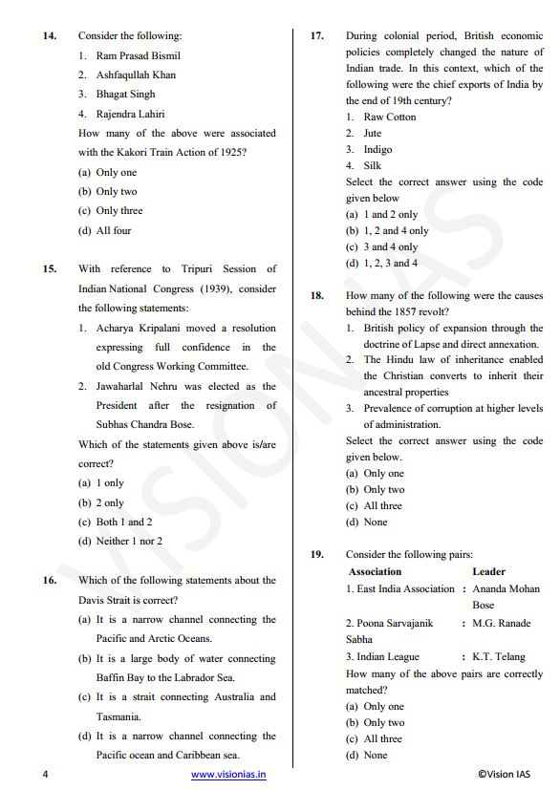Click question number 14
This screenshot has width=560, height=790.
(x=50, y=35)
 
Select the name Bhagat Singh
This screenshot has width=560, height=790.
(x=125, y=94)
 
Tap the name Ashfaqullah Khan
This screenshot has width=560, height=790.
(x=136, y=75)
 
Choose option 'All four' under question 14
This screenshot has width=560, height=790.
(x=114, y=230)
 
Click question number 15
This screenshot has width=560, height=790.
(x=50, y=269)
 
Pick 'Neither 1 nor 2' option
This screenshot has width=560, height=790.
(x=129, y=541)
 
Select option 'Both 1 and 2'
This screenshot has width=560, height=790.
(x=124, y=522)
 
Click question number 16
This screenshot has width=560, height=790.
(x=50, y=580)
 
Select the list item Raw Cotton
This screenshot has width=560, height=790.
(x=390, y=117)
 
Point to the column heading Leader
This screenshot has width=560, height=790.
(x=488, y=571)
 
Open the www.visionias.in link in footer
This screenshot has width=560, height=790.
(x=228, y=775)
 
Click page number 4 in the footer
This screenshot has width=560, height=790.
(x=45, y=775)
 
